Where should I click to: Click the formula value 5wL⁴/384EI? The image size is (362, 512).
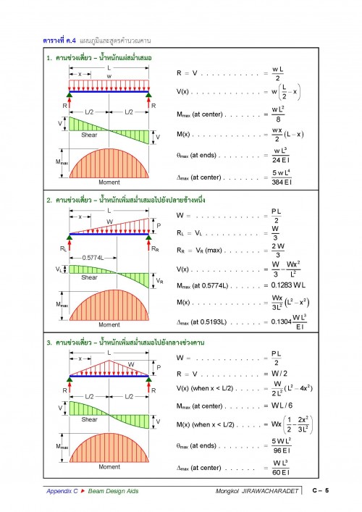click(282, 177)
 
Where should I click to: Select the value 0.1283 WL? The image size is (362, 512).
click(288, 285)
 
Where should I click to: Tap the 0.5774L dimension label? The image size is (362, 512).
click(93, 258)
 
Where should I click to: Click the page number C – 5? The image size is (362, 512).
click(321, 490)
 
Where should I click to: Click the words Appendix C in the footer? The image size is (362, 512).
click(62, 491)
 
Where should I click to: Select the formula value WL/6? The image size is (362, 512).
click(282, 406)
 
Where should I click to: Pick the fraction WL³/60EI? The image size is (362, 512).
click(281, 468)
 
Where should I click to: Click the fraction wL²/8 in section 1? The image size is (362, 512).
click(278, 114)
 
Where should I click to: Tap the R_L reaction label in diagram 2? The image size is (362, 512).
click(63, 249)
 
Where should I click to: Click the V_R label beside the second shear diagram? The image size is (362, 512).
click(159, 281)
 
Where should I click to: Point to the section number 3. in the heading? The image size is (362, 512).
click(49, 343)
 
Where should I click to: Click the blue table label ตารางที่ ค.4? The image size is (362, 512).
click(59, 41)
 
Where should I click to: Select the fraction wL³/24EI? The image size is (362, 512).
click(281, 156)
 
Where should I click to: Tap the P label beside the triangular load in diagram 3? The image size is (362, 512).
click(159, 367)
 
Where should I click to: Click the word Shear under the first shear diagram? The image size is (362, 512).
click(89, 135)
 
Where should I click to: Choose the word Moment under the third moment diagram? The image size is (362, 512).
click(109, 467)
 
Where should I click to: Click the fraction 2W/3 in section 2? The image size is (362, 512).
click(278, 251)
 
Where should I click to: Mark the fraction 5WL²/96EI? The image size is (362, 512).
click(282, 445)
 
